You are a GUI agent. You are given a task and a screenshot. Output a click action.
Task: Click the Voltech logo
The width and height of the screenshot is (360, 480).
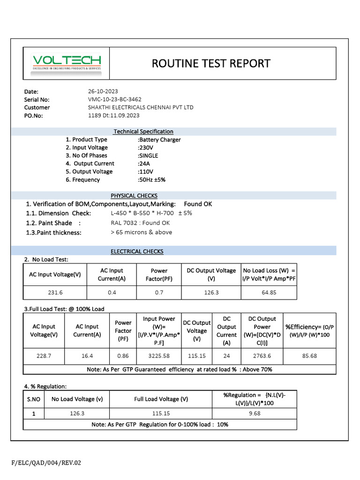67,63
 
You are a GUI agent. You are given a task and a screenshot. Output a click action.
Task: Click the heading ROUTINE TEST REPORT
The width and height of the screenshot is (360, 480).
211,63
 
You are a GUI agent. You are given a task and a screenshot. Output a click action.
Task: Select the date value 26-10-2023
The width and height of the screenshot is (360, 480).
104,91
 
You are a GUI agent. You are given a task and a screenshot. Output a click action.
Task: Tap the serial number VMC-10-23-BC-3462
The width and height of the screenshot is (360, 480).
114,99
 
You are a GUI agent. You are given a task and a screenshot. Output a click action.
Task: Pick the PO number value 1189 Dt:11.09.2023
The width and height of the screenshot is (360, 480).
113,115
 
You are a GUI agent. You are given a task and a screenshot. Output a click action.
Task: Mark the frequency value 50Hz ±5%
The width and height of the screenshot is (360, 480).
151,180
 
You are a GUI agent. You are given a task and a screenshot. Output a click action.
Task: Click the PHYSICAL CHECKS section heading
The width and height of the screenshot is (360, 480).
134,195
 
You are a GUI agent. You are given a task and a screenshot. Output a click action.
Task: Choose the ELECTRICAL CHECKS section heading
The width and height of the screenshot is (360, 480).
137,252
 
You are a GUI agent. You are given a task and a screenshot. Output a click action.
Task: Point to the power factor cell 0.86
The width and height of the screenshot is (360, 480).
123,356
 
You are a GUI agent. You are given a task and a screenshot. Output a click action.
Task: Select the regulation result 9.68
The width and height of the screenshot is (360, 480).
255,413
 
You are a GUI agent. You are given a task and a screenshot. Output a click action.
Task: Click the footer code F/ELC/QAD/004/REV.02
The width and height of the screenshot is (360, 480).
46,463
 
